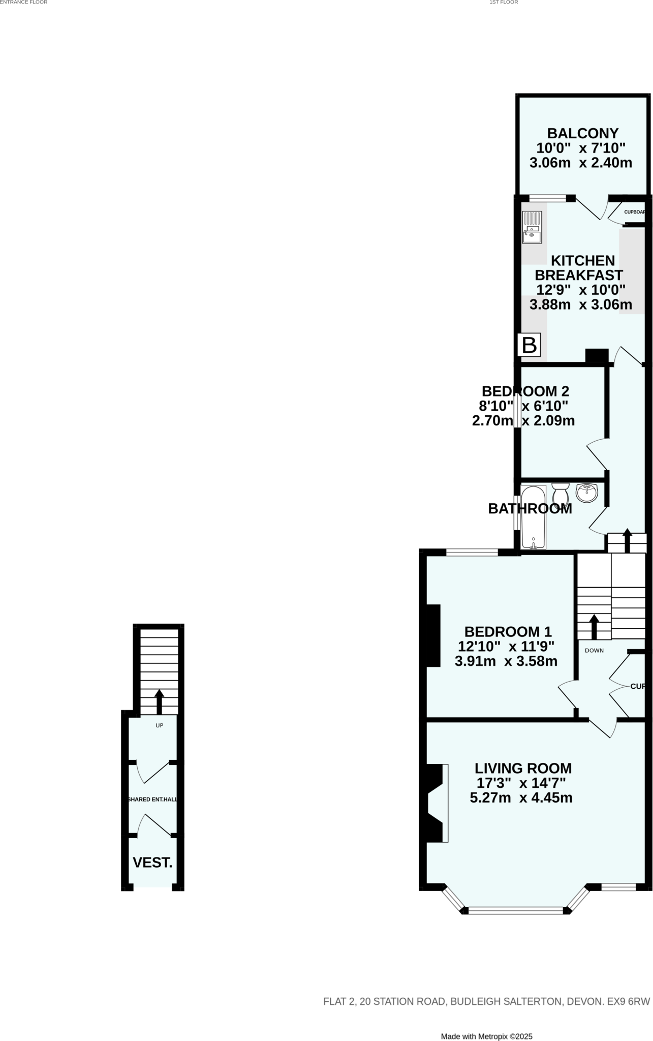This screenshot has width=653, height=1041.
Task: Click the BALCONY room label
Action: tap(582, 133)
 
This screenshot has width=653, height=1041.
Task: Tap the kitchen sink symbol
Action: tap(532, 227)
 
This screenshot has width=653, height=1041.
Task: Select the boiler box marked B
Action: tap(529, 345)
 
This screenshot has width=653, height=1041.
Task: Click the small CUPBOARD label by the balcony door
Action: tap(634, 212)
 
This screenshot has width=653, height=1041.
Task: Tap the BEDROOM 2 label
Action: tap(525, 391)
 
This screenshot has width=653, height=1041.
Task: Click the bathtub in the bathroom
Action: tap(533, 517)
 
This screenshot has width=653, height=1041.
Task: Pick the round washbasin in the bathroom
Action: tap(587, 492)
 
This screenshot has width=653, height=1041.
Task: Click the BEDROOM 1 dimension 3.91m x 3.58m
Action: tap(506, 661)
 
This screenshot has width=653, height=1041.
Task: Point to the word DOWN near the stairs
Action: tap(594, 650)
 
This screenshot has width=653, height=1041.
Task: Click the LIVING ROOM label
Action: tap(523, 768)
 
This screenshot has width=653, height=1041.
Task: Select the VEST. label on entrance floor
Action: tap(152, 863)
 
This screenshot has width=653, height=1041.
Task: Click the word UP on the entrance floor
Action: tap(160, 725)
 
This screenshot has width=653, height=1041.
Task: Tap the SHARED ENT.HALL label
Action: tap(152, 800)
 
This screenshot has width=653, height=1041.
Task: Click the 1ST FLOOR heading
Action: tap(503, 3)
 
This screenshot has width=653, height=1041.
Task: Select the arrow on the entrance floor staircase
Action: tap(159, 701)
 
